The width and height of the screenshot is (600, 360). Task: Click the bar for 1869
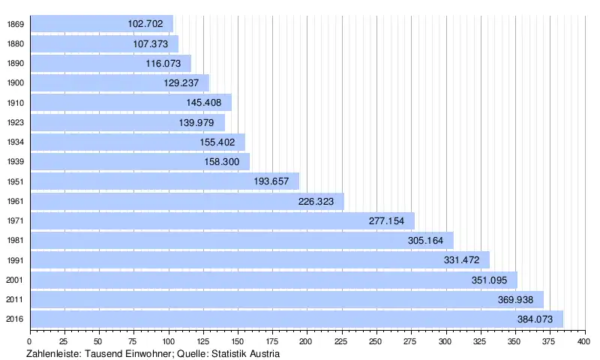tap(101, 24)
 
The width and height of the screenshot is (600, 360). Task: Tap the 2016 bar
tap(296, 319)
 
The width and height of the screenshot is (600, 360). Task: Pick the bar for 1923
tap(127, 122)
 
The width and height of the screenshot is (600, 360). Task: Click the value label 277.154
tap(387, 221)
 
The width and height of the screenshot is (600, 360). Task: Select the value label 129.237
tap(181, 83)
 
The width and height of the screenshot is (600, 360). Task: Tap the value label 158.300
tap(221, 162)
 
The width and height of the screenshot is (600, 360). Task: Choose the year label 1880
tap(15, 43)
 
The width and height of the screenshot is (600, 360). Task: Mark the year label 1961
tap(15, 201)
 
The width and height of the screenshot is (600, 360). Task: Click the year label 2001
tap(15, 280)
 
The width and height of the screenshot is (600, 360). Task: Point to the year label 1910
tap(15, 103)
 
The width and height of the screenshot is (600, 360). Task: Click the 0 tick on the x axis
tap(30, 341)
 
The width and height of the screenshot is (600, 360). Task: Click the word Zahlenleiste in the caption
tap(54, 353)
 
